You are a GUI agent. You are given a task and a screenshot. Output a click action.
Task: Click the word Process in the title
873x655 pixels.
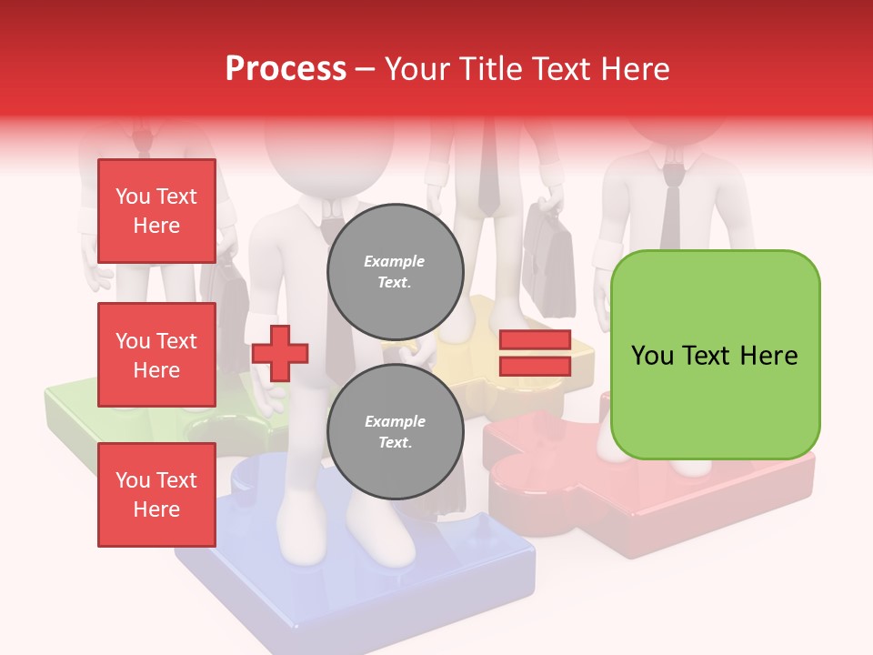(286, 68)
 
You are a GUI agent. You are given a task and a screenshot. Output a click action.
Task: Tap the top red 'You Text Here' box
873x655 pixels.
(156, 211)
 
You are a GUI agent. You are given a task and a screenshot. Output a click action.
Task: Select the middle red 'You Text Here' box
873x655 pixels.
(156, 355)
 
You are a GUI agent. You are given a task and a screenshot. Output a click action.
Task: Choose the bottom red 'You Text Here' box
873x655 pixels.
(156, 495)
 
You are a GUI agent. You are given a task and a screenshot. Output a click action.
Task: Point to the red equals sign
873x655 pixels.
(535, 353)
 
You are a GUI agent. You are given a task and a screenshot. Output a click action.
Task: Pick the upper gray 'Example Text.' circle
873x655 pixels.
(395, 272)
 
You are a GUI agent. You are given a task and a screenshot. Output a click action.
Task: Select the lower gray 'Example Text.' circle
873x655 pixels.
(395, 432)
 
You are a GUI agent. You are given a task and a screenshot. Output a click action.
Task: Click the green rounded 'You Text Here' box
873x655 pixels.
(715, 355)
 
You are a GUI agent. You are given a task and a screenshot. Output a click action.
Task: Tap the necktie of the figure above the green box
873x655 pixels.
(671, 209)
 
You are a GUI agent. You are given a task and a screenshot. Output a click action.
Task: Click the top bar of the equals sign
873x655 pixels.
(535, 340)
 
